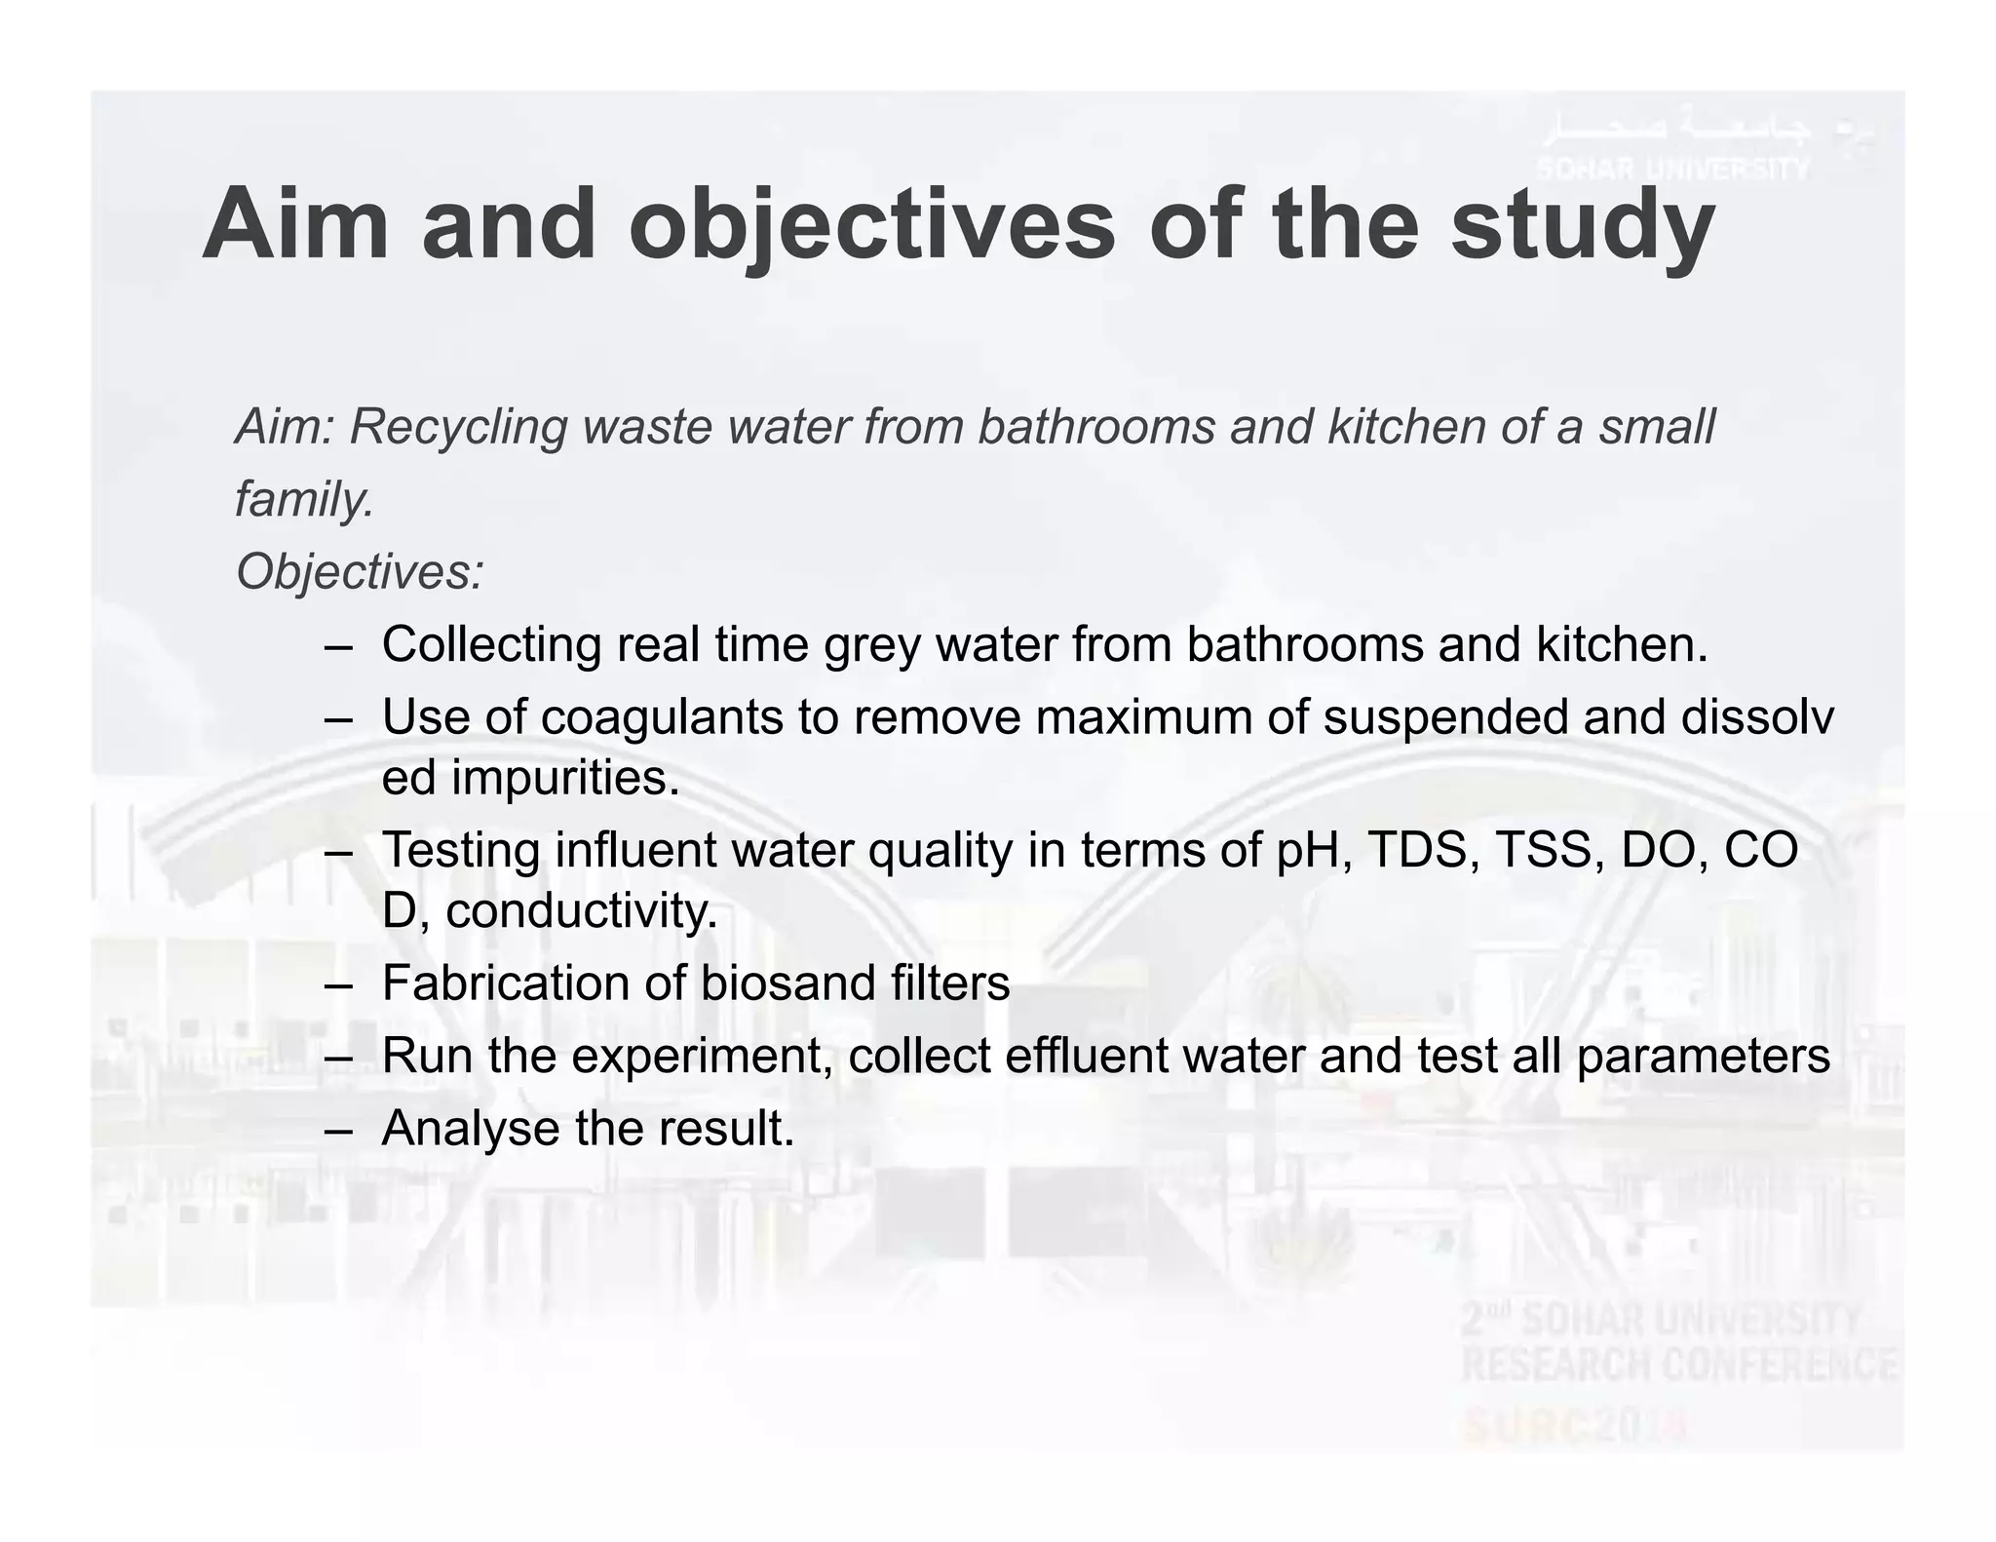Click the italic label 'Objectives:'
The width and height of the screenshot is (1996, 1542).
(x=360, y=572)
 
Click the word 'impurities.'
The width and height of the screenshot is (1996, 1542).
(x=564, y=778)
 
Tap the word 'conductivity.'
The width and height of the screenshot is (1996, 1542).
(x=582, y=911)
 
